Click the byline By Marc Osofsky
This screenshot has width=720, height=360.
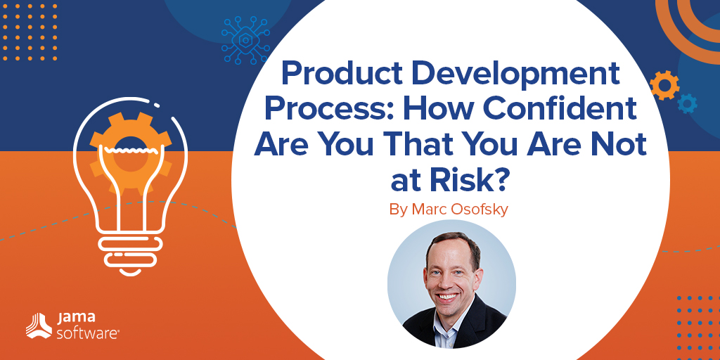pos(449,209)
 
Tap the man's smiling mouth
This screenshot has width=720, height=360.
pos(449,297)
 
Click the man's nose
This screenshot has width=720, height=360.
pos(446,281)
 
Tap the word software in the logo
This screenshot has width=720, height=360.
pos(88,333)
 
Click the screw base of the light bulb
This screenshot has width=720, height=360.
pos(131,255)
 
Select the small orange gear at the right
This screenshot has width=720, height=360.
pos(664,85)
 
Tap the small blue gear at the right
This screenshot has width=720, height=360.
pos(688,103)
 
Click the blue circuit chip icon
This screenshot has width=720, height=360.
pos(245,40)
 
